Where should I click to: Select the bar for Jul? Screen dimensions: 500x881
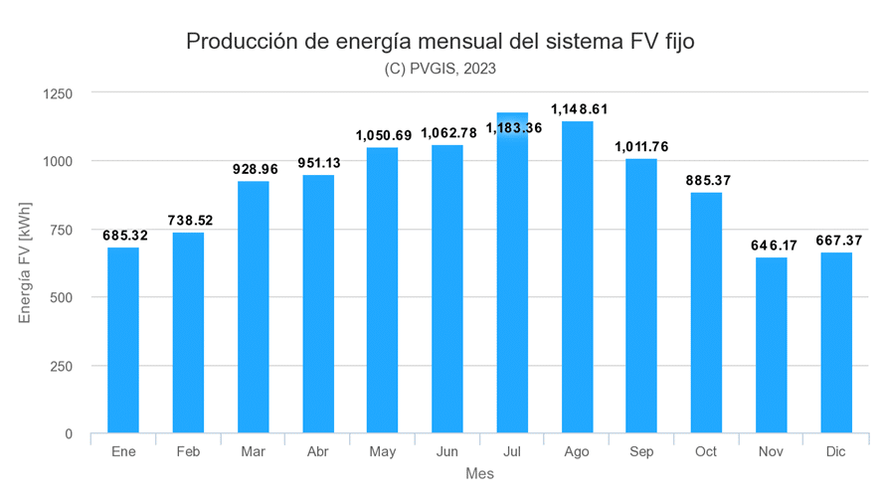(x=513, y=273)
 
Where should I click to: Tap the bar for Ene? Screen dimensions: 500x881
(x=123, y=340)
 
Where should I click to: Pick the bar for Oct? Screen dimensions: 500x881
(x=706, y=313)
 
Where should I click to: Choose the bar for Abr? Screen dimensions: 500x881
(x=318, y=304)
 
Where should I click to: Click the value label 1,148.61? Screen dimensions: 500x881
(x=577, y=107)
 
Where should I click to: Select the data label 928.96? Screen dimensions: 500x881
(x=254, y=168)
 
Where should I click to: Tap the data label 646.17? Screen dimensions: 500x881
(x=772, y=245)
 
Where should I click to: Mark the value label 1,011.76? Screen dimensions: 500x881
(x=641, y=146)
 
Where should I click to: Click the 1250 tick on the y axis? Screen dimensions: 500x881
(x=58, y=93)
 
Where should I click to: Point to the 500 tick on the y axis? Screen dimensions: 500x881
(x=62, y=297)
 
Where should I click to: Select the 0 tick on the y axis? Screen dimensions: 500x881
(x=69, y=434)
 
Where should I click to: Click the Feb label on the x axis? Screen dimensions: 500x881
(x=188, y=452)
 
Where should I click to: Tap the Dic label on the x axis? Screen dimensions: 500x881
(x=835, y=452)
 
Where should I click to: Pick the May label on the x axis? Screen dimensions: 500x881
(x=383, y=452)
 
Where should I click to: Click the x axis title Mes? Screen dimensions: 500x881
(x=479, y=475)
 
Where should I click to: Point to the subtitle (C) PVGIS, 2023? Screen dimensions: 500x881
(x=440, y=69)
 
